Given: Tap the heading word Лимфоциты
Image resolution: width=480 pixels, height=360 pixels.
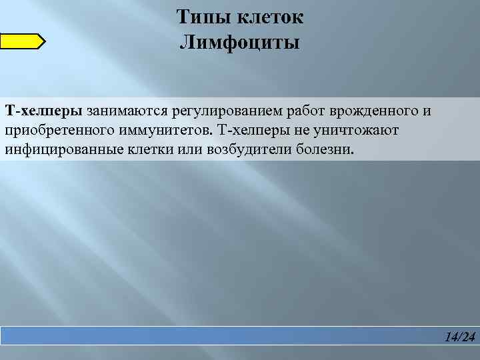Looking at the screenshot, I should click(x=239, y=44).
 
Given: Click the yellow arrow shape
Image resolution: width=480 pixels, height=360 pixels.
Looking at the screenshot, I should click(x=22, y=42).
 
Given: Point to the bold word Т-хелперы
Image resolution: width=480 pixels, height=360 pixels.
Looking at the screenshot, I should click(x=44, y=109).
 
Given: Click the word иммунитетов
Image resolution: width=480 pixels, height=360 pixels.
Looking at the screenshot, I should click(x=158, y=129).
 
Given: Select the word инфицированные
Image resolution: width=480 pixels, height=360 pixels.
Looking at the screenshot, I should click(x=63, y=149).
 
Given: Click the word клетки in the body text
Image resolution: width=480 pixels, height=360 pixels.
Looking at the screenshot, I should click(x=153, y=149).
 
